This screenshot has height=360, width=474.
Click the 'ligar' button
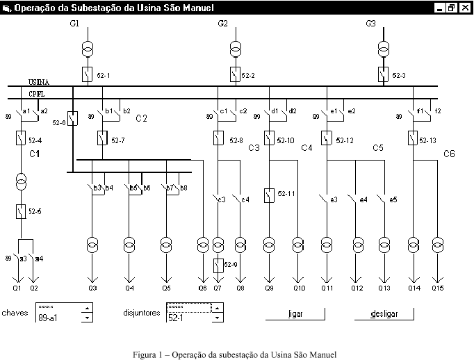295,314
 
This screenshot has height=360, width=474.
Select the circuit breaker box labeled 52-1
88,74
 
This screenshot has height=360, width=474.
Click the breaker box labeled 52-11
269,195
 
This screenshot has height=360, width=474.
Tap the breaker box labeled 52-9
218,265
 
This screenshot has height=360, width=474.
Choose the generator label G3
370,24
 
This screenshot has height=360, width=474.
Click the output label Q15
437,288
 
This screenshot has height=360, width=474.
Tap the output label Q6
202,288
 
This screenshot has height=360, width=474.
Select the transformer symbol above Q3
92,245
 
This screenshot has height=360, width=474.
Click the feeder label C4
307,148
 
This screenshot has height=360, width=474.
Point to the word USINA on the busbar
39,82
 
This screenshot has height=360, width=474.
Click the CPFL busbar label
38,93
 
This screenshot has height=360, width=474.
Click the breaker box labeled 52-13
413,139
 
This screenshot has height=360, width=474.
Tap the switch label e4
363,200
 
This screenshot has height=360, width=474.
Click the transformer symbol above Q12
358,245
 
